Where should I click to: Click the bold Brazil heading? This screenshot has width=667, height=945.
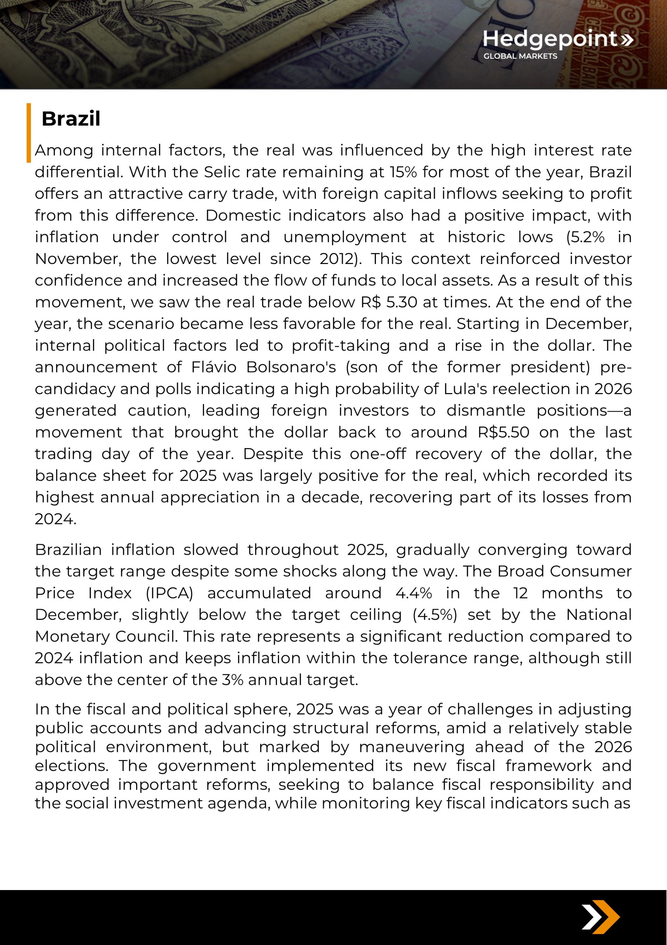tap(71, 119)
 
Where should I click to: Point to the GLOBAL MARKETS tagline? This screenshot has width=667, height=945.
tap(520, 56)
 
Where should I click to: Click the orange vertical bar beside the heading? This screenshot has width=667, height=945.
tap(29, 133)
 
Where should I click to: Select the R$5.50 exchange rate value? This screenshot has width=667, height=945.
tap(503, 432)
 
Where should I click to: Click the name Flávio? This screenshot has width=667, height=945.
tap(214, 367)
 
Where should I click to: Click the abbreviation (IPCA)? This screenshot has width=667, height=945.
tap(170, 593)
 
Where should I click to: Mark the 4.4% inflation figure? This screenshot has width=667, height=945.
tap(414, 593)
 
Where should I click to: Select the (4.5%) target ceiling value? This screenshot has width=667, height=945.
tap(435, 615)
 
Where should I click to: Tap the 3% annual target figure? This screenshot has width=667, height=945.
tap(233, 680)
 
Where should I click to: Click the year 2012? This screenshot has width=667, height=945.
tap(336, 259)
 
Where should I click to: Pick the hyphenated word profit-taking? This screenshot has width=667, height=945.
tap(340, 346)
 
